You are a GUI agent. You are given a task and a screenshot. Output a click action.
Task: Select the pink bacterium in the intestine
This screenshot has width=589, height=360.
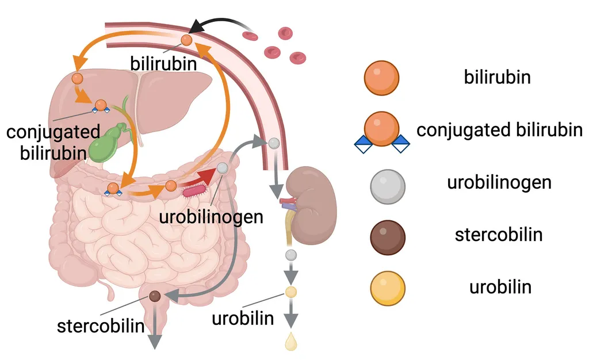click(x=194, y=189)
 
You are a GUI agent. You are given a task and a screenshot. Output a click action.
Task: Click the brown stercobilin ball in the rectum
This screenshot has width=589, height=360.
click(x=155, y=296)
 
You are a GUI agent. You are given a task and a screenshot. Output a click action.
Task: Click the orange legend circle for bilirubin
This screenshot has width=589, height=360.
click(x=381, y=77)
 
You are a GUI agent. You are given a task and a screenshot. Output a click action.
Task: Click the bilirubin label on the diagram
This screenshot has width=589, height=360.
click(x=163, y=62)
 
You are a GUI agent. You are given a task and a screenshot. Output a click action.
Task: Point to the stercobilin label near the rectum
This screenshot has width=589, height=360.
click(x=100, y=326)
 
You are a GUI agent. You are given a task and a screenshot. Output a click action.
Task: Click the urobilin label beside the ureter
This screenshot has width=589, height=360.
click(x=242, y=318)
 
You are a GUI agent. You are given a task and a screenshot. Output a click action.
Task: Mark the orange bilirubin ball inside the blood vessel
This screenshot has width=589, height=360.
click(x=186, y=40)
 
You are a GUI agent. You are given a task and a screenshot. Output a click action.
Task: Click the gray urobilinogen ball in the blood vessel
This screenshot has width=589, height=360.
click(x=274, y=143)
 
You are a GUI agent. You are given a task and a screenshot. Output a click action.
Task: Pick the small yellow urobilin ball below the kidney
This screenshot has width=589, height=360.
click(x=291, y=292)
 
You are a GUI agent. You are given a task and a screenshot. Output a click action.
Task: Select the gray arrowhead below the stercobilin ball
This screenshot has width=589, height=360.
click(x=155, y=340)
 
